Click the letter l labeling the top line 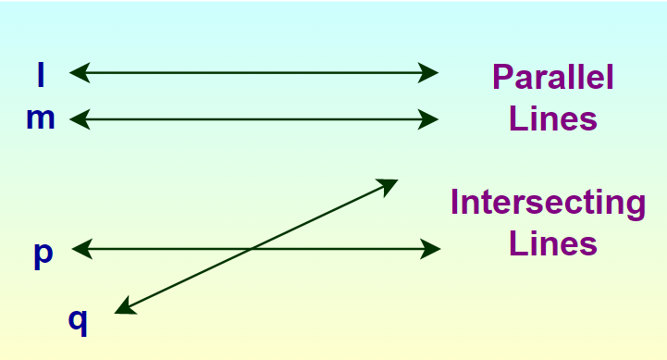(41, 74)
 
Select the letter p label (43, 254)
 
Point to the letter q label (79, 319)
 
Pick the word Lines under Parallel (552, 120)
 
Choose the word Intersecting (548, 203)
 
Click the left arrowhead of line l (78, 71)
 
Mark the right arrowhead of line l (429, 71)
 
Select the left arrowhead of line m (79, 118)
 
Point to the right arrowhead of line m (429, 118)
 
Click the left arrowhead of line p (80, 248)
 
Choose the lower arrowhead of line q (125, 308)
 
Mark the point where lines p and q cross (253, 248)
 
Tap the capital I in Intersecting (456, 203)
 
